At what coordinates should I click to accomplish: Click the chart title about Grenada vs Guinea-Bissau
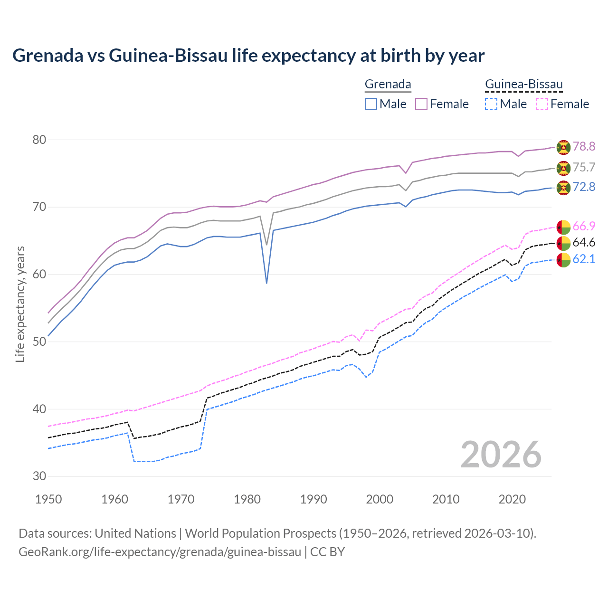pyautogui.click(x=248, y=56)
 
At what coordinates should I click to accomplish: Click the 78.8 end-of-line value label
pyautogui.click(x=584, y=146)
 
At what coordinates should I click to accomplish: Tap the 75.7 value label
pyautogui.click(x=584, y=167)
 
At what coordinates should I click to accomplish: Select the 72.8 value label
pyautogui.click(x=584, y=187)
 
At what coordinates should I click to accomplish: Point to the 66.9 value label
pyautogui.click(x=584, y=226)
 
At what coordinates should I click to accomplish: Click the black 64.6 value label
pyautogui.click(x=584, y=243)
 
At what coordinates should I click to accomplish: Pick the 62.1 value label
pyautogui.click(x=584, y=259)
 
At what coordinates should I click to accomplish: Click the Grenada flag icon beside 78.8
pyautogui.click(x=563, y=147)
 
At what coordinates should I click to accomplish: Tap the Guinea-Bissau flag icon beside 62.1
pyautogui.click(x=563, y=260)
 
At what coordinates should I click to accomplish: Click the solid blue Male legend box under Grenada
pyautogui.click(x=371, y=104)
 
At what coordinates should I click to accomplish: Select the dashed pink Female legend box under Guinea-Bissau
pyautogui.click(x=542, y=104)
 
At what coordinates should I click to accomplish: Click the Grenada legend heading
pyautogui.click(x=388, y=84)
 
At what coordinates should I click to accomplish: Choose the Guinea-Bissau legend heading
pyautogui.click(x=523, y=85)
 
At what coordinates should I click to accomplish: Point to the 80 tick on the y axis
pyautogui.click(x=39, y=140)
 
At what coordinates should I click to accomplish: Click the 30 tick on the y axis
pyautogui.click(x=39, y=476)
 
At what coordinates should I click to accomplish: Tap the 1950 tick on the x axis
pyautogui.click(x=48, y=499)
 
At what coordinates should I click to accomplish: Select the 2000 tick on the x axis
pyautogui.click(x=380, y=499)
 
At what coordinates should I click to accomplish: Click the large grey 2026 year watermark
pyautogui.click(x=501, y=455)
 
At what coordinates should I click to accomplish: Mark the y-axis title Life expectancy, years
pyautogui.click(x=20, y=304)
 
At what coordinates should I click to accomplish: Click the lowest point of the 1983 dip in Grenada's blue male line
pyautogui.click(x=266, y=283)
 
